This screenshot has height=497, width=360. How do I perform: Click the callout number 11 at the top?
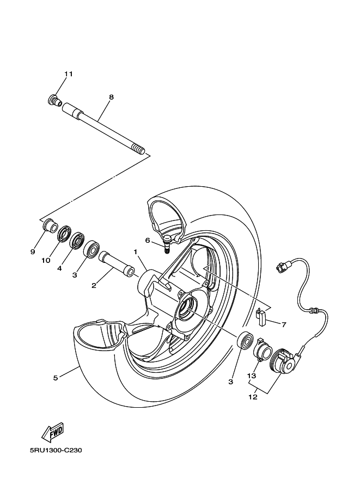pos(68,73)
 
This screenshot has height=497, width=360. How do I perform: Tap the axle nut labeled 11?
pos(53,100)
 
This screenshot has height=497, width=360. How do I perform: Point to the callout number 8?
pos(111,97)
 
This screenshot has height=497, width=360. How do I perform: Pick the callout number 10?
pos(46,260)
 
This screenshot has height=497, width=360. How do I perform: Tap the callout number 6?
pos(148,240)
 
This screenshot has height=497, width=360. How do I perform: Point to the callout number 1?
pos(136,251)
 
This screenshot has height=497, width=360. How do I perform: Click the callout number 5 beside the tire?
pos(56,378)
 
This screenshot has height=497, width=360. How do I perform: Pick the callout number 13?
pos(251,376)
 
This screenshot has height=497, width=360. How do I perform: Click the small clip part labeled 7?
pos(260,316)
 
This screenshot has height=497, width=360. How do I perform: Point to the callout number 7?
pos(283,324)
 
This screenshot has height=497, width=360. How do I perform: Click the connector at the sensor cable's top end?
pos(283,266)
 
